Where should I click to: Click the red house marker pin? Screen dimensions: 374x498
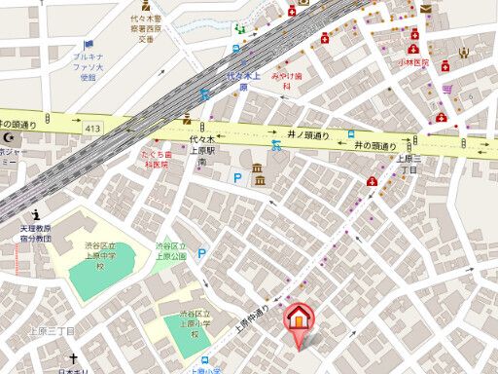coord(299,322)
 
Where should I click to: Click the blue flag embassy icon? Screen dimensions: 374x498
coord(89,45)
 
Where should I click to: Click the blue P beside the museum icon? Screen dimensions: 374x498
coord(236,177)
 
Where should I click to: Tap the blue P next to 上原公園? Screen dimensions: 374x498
coord(202,253)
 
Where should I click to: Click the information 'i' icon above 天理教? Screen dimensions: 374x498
coord(36,213)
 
